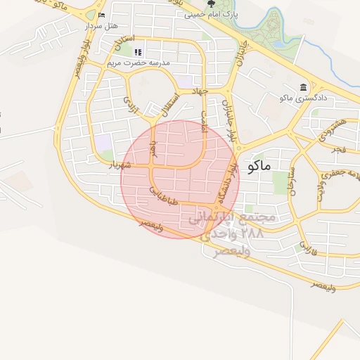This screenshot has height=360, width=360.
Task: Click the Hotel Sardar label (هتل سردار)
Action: (x=99, y=25)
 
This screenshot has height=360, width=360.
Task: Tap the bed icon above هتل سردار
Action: (x=102, y=15)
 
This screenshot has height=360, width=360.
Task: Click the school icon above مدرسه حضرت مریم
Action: (x=138, y=51)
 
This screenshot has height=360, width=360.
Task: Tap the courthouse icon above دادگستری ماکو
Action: (x=303, y=87)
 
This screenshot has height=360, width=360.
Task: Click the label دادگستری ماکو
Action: (x=300, y=98)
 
